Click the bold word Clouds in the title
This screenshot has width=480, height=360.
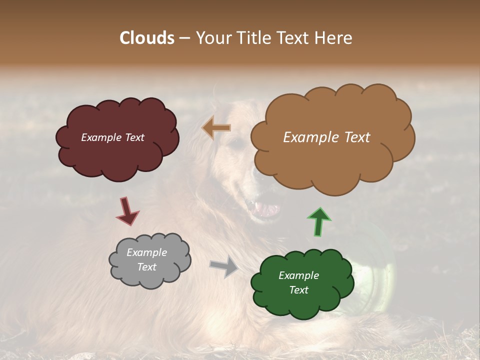pos(146,38)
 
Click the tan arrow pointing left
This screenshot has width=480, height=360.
pos(216,128)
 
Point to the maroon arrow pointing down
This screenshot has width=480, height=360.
pos(127,210)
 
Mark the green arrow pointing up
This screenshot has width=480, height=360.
pos(319,221)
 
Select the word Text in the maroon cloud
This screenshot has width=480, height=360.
pos(133,137)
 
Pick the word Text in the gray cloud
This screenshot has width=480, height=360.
pos(147,267)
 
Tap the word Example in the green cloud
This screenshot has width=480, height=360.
pos(298,275)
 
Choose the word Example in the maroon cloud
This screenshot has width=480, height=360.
pos(100,137)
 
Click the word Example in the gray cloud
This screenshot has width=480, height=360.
pos(147,253)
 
